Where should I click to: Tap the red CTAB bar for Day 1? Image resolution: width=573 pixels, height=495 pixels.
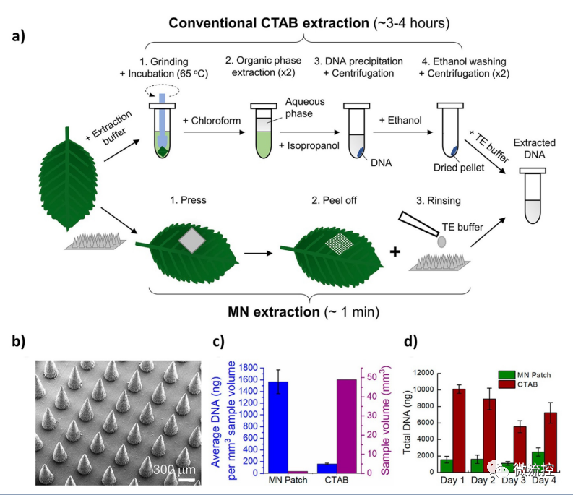point(459,431)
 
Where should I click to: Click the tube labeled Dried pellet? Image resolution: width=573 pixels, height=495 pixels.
point(451,130)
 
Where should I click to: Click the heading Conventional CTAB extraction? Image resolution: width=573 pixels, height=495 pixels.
point(267,23)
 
